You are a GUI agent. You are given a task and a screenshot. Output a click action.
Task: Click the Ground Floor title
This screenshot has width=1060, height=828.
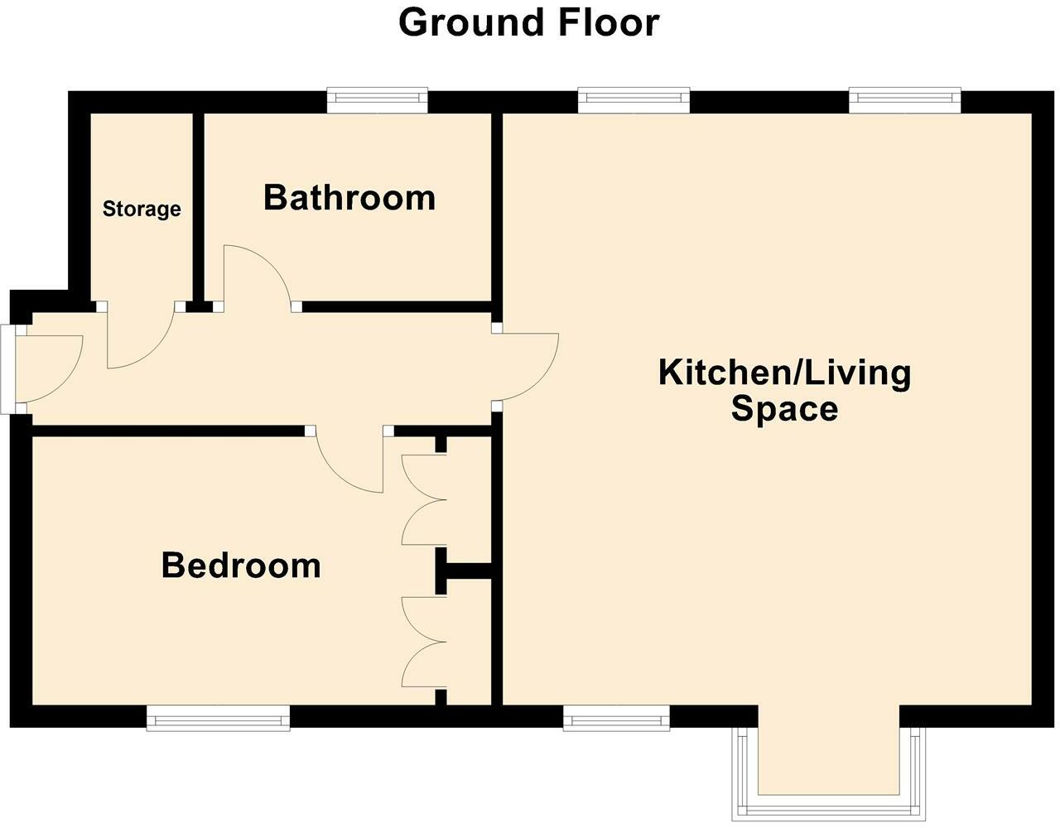[x=528, y=22]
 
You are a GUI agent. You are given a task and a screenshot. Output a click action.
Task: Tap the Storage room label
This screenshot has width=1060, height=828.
[x=142, y=209]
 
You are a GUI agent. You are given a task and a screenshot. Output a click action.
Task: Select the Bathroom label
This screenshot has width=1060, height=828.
[x=349, y=198]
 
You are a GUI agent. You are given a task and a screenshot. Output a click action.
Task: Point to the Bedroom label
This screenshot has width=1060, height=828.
[x=241, y=566]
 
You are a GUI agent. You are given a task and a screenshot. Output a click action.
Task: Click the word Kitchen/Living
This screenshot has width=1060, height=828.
[x=784, y=373]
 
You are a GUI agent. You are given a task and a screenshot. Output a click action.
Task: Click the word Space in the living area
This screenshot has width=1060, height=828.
[x=784, y=409]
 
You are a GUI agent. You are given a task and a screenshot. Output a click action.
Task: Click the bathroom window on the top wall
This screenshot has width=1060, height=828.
[x=378, y=101]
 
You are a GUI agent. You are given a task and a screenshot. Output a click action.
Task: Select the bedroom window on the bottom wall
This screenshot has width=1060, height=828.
[x=219, y=717]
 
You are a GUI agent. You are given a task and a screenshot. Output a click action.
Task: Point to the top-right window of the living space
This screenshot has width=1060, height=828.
[x=904, y=101]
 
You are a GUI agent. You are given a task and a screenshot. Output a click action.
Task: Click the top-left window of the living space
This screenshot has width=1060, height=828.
[x=634, y=101]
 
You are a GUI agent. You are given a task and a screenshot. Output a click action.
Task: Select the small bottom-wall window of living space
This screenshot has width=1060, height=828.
[x=616, y=717]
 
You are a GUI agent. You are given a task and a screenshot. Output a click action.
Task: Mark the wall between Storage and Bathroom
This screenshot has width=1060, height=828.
[x=199, y=207]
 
